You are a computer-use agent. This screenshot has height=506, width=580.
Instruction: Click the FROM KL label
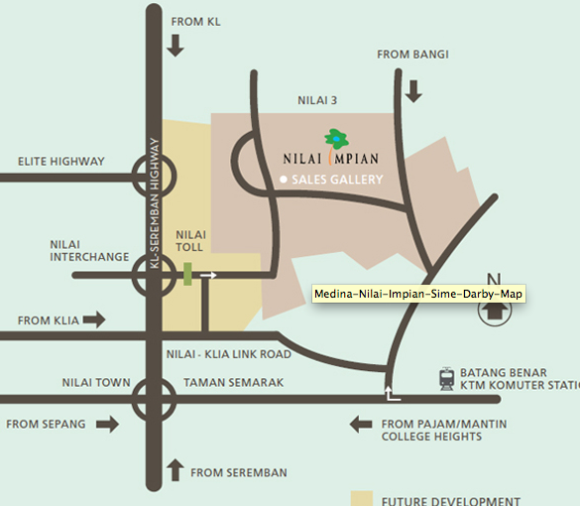tap(195, 21)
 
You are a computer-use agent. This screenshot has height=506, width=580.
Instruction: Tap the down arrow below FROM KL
tap(175, 45)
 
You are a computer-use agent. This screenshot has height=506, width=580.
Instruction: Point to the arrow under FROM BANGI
tap(413, 91)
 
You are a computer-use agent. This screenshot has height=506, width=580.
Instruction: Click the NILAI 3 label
tap(318, 100)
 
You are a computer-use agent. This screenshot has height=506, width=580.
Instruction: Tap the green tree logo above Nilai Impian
tap(335, 139)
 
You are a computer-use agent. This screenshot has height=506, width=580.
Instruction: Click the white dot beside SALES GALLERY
tap(283, 180)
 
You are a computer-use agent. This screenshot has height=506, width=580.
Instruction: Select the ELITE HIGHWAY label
tap(60, 162)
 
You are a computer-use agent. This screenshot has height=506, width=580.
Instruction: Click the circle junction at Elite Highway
tap(154, 178)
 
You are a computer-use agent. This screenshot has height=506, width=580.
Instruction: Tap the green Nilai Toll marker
tap(186, 274)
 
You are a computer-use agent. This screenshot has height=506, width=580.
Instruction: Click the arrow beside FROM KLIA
tap(94, 319)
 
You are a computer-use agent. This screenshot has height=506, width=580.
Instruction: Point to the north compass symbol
tap(495, 310)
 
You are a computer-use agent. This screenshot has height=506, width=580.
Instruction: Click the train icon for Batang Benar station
tap(448, 377)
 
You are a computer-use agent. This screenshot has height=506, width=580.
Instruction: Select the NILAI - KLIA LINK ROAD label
tap(228, 354)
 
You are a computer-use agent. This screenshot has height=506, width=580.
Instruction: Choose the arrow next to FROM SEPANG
tap(106, 425)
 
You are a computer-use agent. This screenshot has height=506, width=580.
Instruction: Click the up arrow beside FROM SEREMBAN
tap(175, 468)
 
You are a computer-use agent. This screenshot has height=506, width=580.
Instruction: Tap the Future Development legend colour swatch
tap(362, 498)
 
